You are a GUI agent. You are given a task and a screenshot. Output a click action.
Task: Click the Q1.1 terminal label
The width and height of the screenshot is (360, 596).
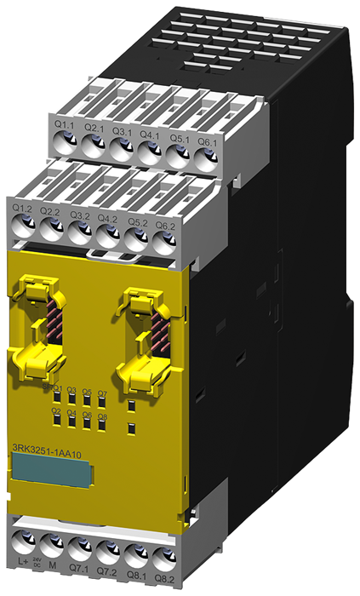[x=63, y=126]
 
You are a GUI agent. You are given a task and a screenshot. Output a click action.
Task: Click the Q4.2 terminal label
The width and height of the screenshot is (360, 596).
[x=107, y=218]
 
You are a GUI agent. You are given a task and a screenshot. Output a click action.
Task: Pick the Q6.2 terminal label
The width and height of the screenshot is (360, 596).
[x=164, y=225]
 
